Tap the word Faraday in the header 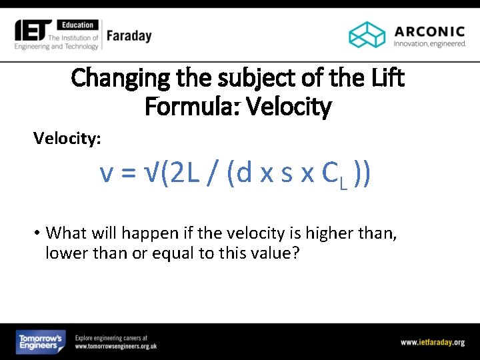129,36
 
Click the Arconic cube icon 367,35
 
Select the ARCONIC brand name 429,31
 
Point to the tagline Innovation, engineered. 429,44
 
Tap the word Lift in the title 385,78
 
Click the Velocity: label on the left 67,138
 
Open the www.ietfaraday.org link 432,343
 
